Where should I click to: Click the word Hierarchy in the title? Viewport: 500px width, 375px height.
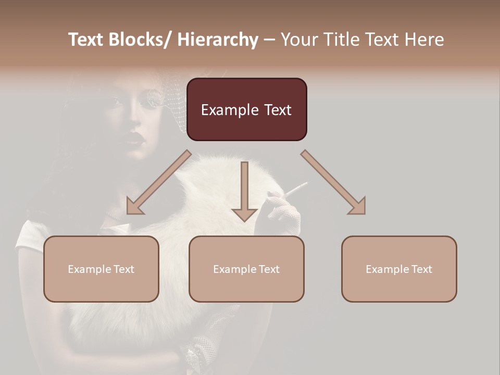click(218, 40)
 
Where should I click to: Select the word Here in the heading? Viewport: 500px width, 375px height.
click(424, 40)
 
